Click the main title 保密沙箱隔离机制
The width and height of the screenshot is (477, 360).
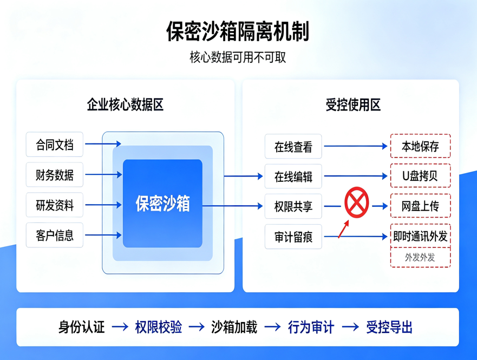238,31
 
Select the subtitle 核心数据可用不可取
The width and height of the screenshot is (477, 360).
238,57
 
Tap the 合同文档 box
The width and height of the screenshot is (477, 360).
55,145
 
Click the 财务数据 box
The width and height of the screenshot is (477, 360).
55,175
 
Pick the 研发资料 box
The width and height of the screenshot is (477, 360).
55,205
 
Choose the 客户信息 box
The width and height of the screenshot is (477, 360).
55,235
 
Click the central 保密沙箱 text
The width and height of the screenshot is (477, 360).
163,204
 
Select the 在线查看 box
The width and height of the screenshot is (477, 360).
293,146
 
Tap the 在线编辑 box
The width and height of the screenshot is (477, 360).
293,176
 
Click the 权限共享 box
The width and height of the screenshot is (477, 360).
293,206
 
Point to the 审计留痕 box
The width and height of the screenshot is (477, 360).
293,237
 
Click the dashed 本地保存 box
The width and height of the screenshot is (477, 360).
420,146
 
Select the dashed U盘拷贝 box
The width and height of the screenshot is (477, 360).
420,175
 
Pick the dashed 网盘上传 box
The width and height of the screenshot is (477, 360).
420,206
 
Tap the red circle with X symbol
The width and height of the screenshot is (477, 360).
357,202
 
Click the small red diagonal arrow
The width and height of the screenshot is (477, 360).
343,229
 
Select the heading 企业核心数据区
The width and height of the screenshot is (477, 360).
125,104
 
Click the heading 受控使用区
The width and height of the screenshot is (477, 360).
353,105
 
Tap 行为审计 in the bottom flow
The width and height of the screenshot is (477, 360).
311,327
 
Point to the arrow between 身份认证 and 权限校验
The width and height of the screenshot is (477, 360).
120,327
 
